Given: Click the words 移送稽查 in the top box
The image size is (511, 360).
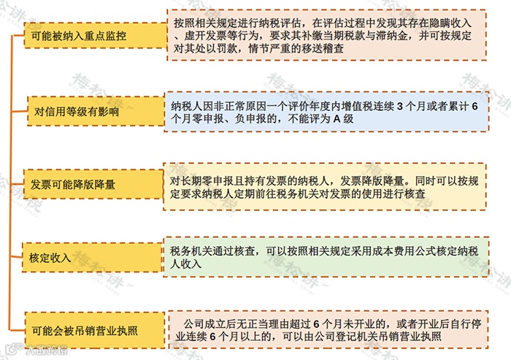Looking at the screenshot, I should pyautogui.click(x=333, y=49).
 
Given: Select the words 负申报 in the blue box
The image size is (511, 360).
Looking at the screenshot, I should pyautogui.click(x=237, y=120).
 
